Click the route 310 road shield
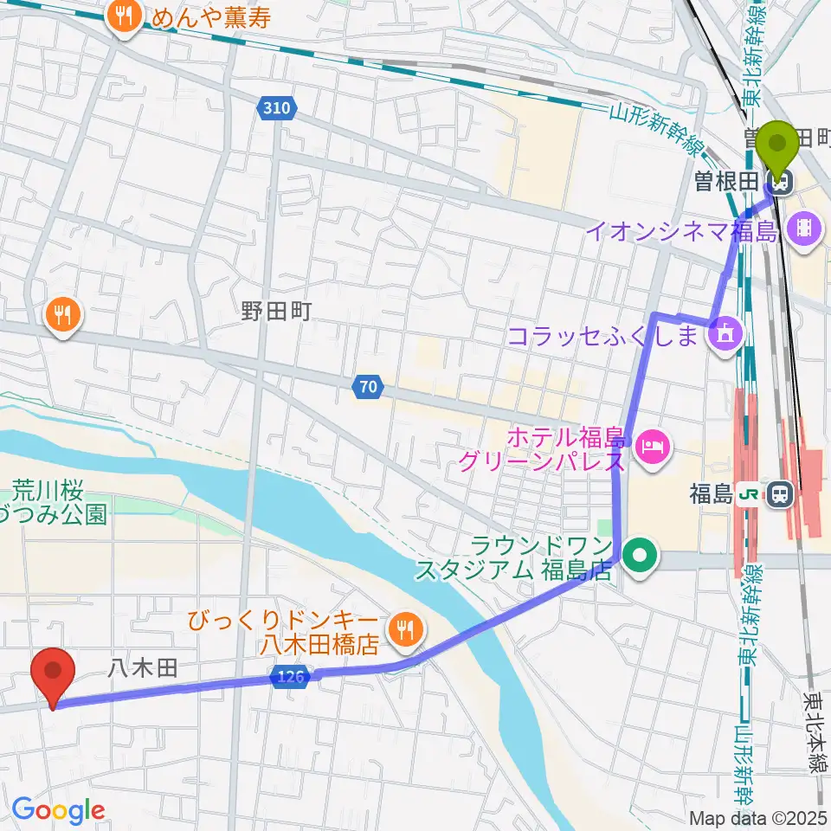[277, 108]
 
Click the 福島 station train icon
[781, 495]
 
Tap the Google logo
[58, 810]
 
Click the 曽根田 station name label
[740, 182]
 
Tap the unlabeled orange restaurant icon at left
[62, 315]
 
